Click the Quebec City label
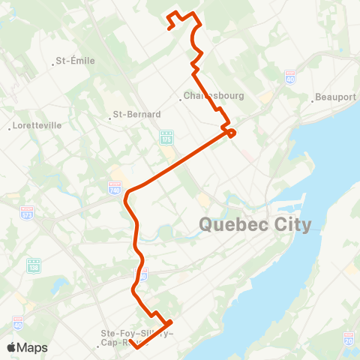pyautogui.click(x=255, y=224)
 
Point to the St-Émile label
pyautogui.click(x=76, y=61)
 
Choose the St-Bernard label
pyautogui.click(x=136, y=115)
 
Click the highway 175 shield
pyautogui.click(x=166, y=138)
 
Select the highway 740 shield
pyautogui.click(x=115, y=187)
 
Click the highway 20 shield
pyautogui.click(x=349, y=340)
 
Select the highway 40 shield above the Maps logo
pyautogui.click(x=17, y=321)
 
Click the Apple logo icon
pyautogui.click(x=12, y=347)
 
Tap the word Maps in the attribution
pyautogui.click(x=33, y=347)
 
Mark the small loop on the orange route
pyautogui.click(x=231, y=133)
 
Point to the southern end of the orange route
pyautogui.click(x=130, y=341)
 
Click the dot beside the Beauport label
pyautogui.click(x=313, y=97)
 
